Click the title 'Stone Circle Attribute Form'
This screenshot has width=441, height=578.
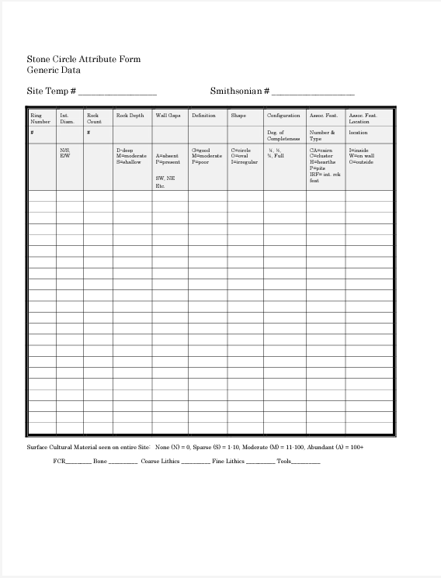coord(84,59)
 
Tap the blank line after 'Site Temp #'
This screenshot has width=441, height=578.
coord(117,92)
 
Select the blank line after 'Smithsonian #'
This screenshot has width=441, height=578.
coord(312,92)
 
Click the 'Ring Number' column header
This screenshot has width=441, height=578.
coord(40,118)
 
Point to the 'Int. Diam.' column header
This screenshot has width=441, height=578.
coord(67,118)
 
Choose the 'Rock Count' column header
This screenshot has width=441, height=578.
coord(94,118)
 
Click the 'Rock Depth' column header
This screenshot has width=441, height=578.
coord(130,116)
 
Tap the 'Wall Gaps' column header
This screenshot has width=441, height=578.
coord(168,116)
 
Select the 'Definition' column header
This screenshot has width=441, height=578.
coord(203,116)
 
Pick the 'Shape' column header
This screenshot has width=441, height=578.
coord(238,116)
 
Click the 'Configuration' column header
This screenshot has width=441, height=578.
coord(283,116)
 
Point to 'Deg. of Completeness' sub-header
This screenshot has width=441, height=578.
coord(283,136)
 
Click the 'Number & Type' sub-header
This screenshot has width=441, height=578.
coord(322,136)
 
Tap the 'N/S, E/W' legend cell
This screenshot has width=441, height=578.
coord(65,153)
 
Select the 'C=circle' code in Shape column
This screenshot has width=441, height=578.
coord(241,150)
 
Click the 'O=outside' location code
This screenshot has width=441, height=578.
coord(361,162)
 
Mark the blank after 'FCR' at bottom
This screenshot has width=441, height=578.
coord(78,462)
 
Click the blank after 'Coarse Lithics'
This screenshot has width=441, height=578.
coord(196,462)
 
